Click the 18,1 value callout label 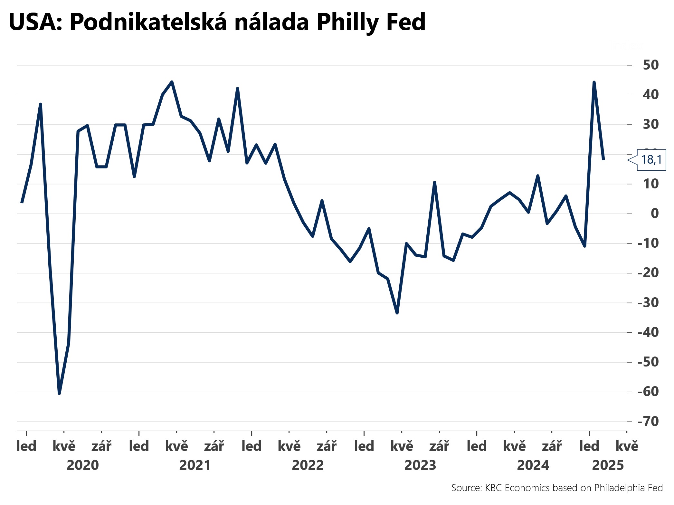click(x=651, y=160)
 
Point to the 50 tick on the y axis click(x=650, y=65)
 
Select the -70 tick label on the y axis click(x=648, y=422)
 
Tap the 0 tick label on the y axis click(x=655, y=214)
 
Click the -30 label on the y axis click(x=648, y=303)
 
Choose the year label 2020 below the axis click(x=82, y=465)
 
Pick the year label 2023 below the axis click(x=420, y=465)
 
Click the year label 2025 click(x=608, y=465)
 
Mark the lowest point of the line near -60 click(x=59, y=393)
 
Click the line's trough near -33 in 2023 click(x=397, y=313)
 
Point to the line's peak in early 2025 click(x=594, y=82)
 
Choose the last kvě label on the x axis click(x=627, y=446)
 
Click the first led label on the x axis click(x=26, y=446)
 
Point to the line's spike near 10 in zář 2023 click(x=434, y=183)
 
